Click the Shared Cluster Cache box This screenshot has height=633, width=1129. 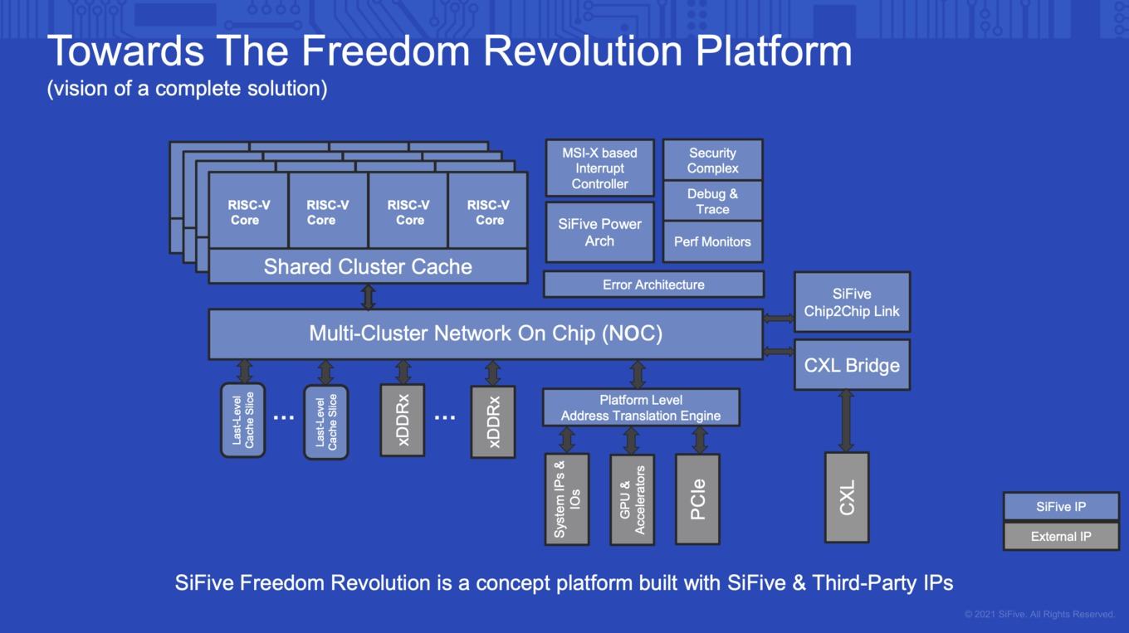[368, 266]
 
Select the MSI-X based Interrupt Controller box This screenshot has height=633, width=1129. [599, 168]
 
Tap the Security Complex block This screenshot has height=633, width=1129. [712, 160]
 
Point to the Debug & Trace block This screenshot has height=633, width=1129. [712, 201]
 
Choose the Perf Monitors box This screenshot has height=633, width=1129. [712, 241]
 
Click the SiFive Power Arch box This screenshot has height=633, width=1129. [599, 232]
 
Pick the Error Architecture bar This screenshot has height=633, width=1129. [653, 285]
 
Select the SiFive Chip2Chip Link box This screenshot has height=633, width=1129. [853, 302]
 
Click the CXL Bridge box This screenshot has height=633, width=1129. [853, 365]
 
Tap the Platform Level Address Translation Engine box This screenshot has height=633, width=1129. [641, 407]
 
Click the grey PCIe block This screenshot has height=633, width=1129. [697, 499]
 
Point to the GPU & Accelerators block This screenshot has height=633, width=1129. [633, 499]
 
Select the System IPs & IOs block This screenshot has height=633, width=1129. [567, 499]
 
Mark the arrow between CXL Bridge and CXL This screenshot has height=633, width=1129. [846, 421]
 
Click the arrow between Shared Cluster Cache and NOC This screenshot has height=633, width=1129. [369, 297]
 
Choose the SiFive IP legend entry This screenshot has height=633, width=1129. [1061, 507]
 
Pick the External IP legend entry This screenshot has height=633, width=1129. [1061, 536]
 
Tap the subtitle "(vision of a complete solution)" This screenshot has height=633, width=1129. [187, 89]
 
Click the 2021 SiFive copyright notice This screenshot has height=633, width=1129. [1039, 614]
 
